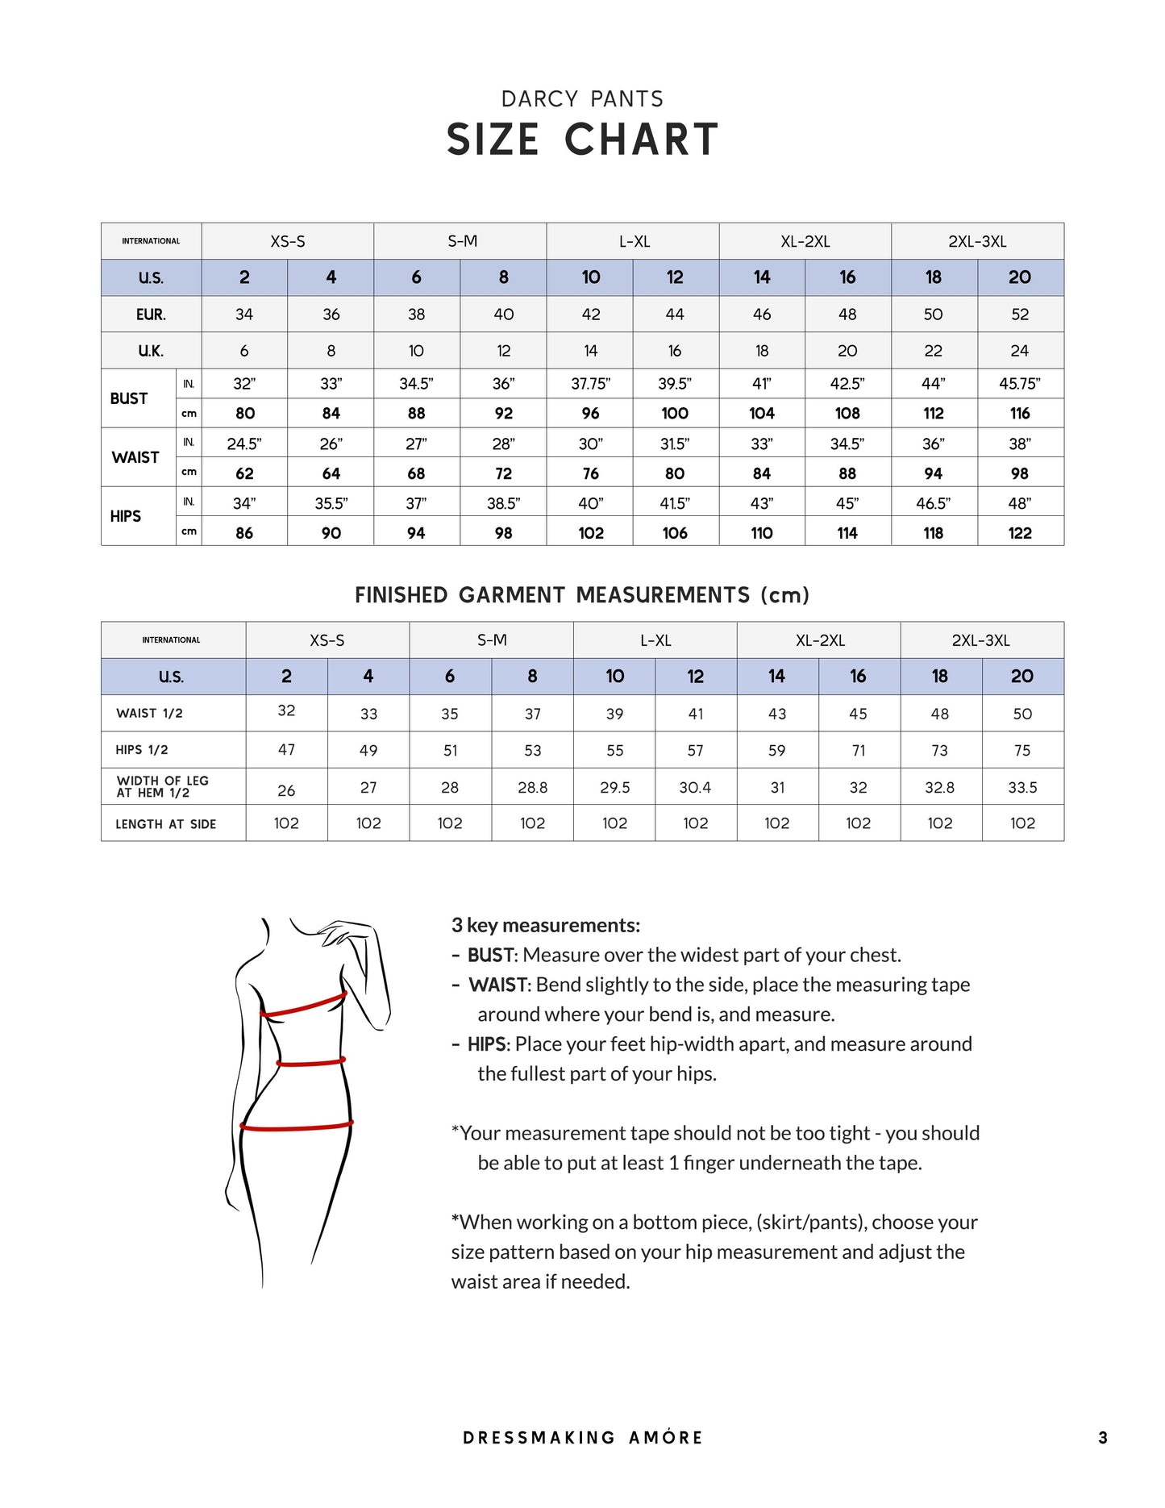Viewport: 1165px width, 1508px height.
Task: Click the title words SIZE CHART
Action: [582, 140]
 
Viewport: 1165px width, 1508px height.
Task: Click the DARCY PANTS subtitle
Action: [582, 99]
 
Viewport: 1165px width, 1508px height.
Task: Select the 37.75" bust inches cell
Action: [590, 384]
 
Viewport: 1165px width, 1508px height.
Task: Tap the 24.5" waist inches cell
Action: [244, 444]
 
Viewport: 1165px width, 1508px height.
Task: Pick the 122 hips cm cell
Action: [1020, 533]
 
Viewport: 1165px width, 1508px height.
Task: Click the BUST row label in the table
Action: [129, 398]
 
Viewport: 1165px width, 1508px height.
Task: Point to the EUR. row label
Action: [151, 315]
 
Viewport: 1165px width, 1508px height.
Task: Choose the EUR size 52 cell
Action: [1020, 315]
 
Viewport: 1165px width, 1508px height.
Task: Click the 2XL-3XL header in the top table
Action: [977, 241]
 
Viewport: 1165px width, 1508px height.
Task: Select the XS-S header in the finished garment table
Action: [327, 640]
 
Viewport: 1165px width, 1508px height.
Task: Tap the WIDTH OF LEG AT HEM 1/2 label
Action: [163, 786]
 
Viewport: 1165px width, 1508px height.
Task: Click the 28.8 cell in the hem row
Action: [532, 788]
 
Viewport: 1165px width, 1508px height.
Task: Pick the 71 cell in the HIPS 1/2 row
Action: [859, 751]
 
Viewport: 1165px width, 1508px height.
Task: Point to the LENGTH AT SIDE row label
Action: [165, 824]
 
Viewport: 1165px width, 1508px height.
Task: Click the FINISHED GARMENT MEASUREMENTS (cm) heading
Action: [582, 595]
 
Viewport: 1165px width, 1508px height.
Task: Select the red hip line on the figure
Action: [297, 1126]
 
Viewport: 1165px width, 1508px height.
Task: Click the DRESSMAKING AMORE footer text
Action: [582, 1438]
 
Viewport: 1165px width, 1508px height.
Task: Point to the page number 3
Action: [1103, 1438]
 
